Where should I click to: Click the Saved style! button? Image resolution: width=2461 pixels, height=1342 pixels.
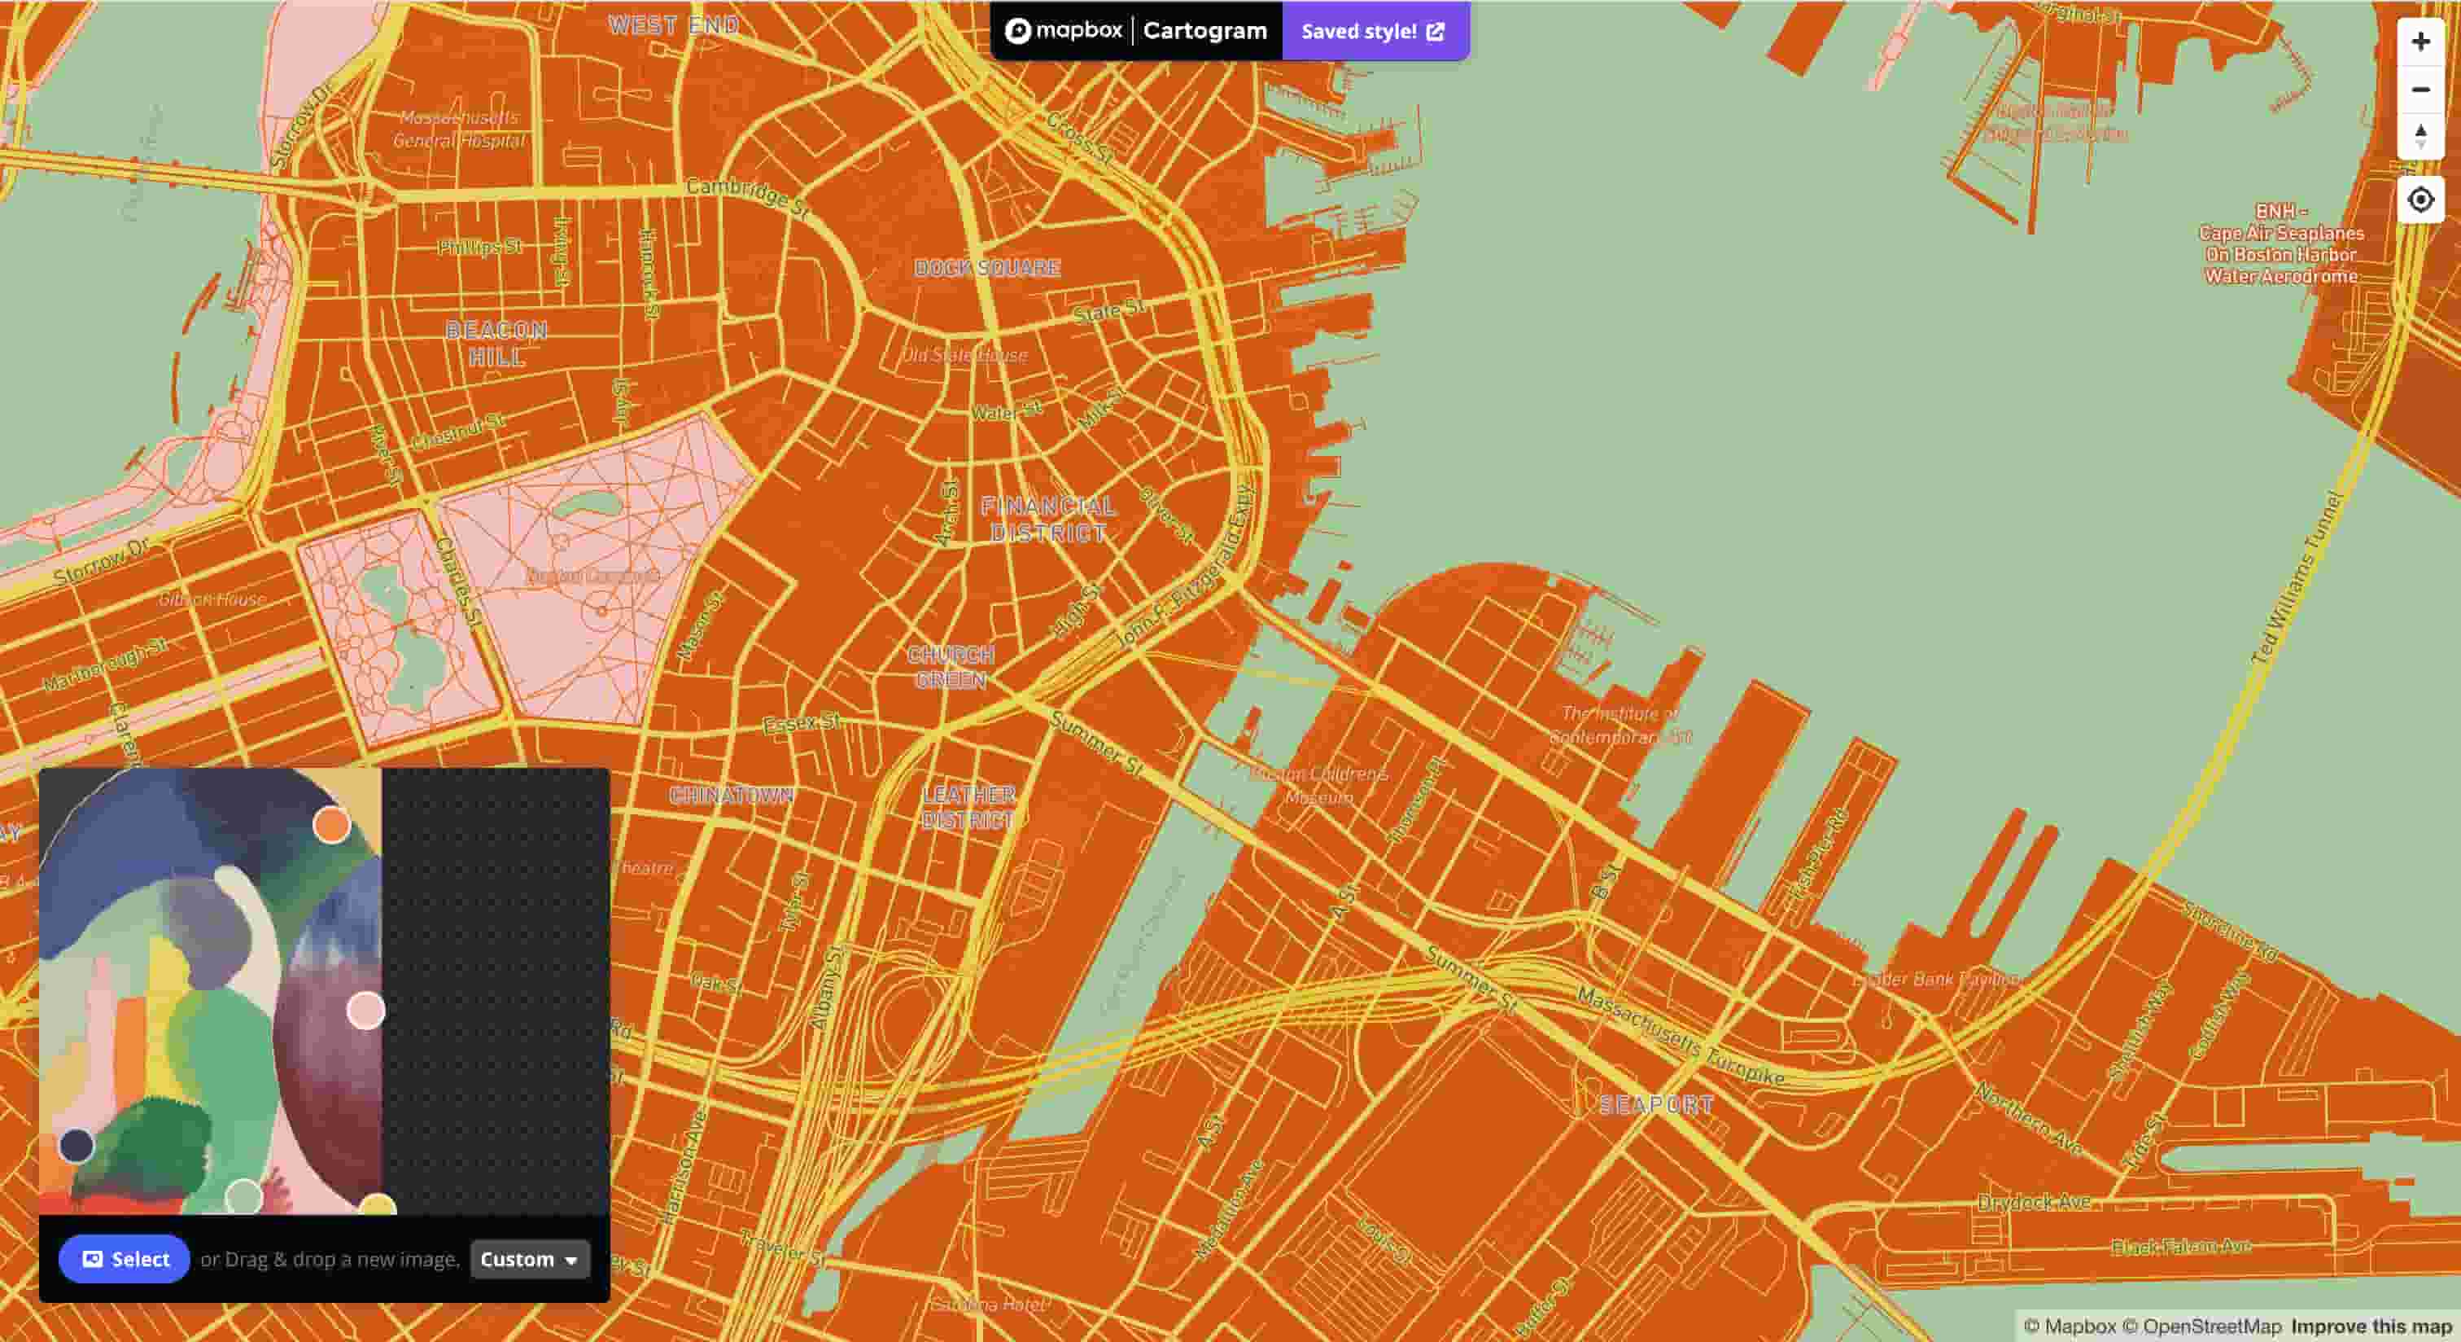click(x=1374, y=32)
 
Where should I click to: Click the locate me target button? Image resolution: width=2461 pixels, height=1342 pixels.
click(x=2420, y=200)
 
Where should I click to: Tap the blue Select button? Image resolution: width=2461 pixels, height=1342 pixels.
click(x=125, y=1259)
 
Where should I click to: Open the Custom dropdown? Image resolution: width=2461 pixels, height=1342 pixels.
click(x=529, y=1259)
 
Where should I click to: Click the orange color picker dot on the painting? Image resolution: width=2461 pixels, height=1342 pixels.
click(x=331, y=825)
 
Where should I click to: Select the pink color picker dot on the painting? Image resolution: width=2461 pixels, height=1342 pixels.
click(x=365, y=1011)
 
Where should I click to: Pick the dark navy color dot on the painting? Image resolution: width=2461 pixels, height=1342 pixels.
click(x=76, y=1144)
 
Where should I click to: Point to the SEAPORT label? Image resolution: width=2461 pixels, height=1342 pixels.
click(x=1655, y=1105)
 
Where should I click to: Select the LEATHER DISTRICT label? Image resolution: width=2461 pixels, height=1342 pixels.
click(x=968, y=808)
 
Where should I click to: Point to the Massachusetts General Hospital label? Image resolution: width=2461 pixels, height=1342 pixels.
click(x=460, y=129)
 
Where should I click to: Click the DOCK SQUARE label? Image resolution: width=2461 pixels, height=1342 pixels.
click(x=987, y=268)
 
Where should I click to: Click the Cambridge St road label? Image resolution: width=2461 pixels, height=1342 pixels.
click(x=747, y=194)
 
